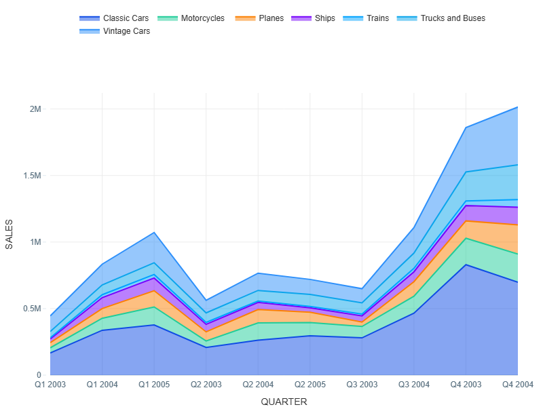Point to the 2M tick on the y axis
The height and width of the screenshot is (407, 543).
[x=34, y=109]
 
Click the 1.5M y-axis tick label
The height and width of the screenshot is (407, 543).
[x=31, y=176]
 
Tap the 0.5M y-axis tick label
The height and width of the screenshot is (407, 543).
[x=31, y=309]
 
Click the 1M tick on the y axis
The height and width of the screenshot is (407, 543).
[x=34, y=242]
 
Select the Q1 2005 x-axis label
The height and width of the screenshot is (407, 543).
[x=154, y=385]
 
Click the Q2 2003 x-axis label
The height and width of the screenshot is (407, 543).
[x=206, y=385]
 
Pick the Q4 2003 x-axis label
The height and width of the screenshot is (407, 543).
[x=466, y=385]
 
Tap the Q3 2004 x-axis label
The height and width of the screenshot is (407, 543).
[x=413, y=385]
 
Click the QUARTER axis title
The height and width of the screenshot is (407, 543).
[x=284, y=402]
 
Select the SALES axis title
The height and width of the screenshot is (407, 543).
[x=10, y=234]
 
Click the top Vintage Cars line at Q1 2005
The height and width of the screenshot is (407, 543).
[x=154, y=233]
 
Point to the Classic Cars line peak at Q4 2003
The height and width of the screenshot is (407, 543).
[x=466, y=265]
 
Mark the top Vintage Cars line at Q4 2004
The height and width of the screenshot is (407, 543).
[x=517, y=107]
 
